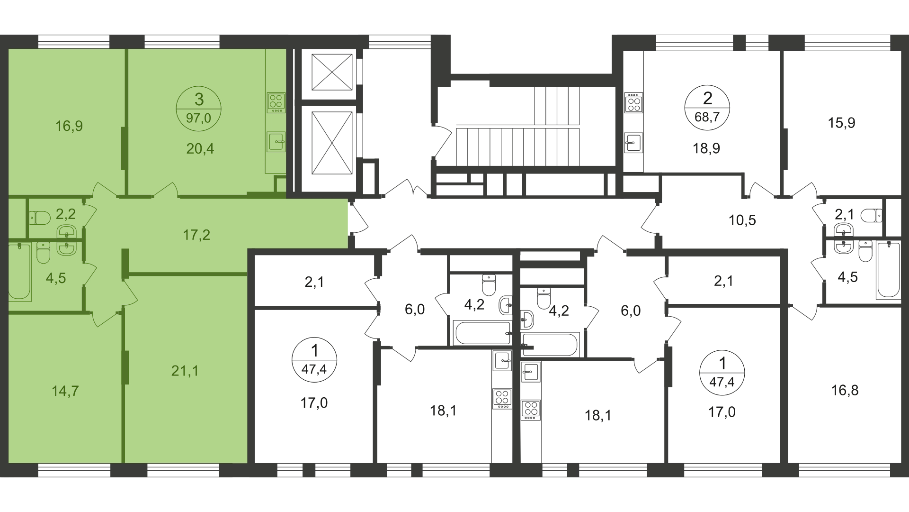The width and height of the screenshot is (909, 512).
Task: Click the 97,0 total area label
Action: tap(198, 118)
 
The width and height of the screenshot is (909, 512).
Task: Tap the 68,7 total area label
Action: tap(707, 117)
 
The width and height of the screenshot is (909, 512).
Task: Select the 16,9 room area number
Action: tap(69, 126)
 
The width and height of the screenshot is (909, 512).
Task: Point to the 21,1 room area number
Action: tap(185, 371)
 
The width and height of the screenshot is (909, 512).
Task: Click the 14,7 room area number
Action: tap(65, 391)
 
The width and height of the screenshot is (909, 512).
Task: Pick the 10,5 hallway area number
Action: tap(742, 220)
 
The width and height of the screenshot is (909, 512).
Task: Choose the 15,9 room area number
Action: tap(841, 123)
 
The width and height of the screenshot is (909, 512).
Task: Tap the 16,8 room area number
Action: tap(845, 390)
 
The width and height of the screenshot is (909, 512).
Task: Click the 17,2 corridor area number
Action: tap(196, 235)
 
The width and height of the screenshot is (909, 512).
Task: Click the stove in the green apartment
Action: tap(276, 103)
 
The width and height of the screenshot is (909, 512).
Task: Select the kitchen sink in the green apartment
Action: tap(276, 141)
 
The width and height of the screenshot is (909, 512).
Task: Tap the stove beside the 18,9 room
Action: tap(634, 103)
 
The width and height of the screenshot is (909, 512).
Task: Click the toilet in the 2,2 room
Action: tap(39, 218)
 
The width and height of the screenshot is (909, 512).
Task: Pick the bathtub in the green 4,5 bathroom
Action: tap(20, 271)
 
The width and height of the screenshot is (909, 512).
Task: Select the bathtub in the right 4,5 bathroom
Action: tap(888, 270)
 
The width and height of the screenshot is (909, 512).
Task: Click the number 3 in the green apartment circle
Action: tap(199, 100)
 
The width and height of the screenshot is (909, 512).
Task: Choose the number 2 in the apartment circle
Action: tap(707, 98)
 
